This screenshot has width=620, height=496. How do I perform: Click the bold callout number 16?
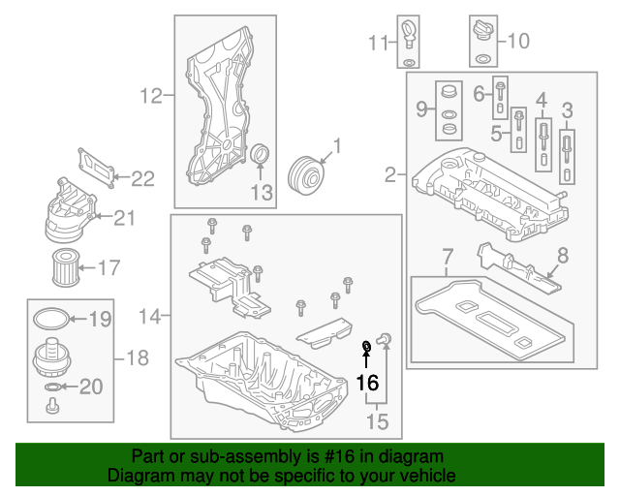(367, 382)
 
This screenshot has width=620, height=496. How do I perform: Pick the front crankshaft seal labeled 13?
(261, 159)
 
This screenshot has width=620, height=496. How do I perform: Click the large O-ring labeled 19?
(50, 318)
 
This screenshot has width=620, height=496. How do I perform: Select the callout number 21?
(124, 217)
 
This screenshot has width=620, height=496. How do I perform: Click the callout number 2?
(391, 174)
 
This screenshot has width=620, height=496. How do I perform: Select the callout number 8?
(563, 259)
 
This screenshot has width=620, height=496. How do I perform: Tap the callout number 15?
(376, 419)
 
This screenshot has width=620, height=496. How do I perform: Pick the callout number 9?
(422, 108)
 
